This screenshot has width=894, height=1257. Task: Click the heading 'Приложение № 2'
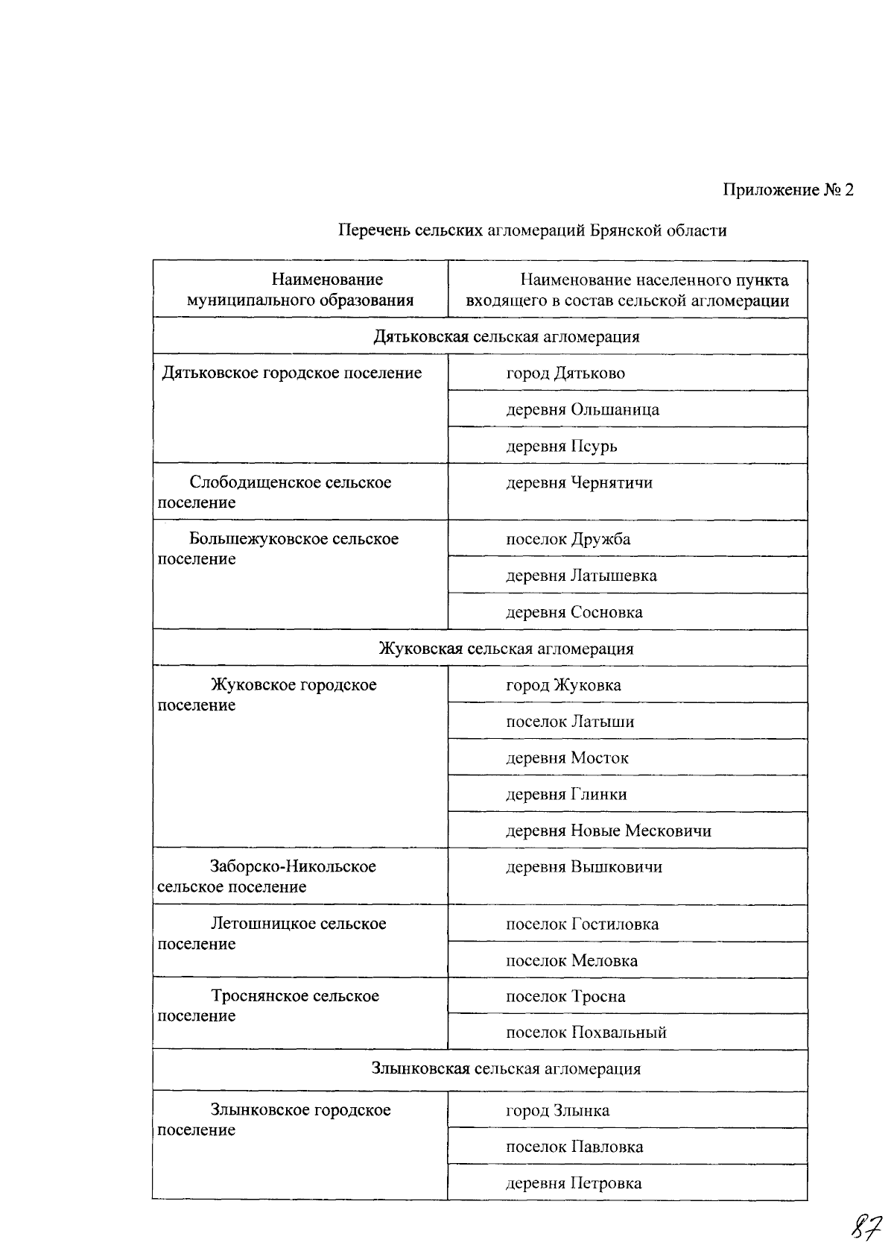[787, 190]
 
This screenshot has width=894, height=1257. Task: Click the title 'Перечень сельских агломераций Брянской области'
[533, 230]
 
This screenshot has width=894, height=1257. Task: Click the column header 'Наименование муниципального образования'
[300, 290]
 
